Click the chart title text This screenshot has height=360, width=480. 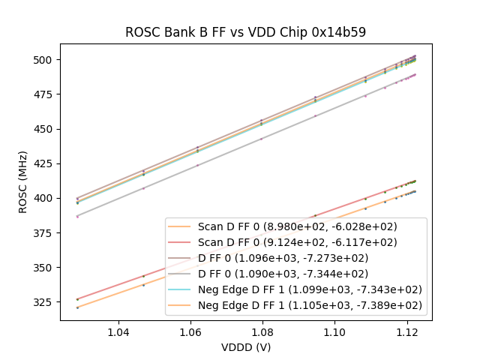(x=245, y=32)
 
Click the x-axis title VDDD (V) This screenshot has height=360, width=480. (x=245, y=347)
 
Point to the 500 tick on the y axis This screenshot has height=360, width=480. (x=45, y=59)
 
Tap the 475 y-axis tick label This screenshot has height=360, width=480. (x=45, y=94)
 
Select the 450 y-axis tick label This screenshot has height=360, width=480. (x=45, y=129)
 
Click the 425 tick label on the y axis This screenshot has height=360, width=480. (x=45, y=163)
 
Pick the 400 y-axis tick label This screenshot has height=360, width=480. (x=45, y=198)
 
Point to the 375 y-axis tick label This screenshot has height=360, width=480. (x=45, y=233)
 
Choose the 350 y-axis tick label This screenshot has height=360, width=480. (x=45, y=268)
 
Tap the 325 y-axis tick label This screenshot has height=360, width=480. (x=45, y=302)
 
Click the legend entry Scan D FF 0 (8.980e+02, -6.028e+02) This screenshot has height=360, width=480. (x=297, y=226)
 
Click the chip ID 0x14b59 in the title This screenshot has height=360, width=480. (x=342, y=32)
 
